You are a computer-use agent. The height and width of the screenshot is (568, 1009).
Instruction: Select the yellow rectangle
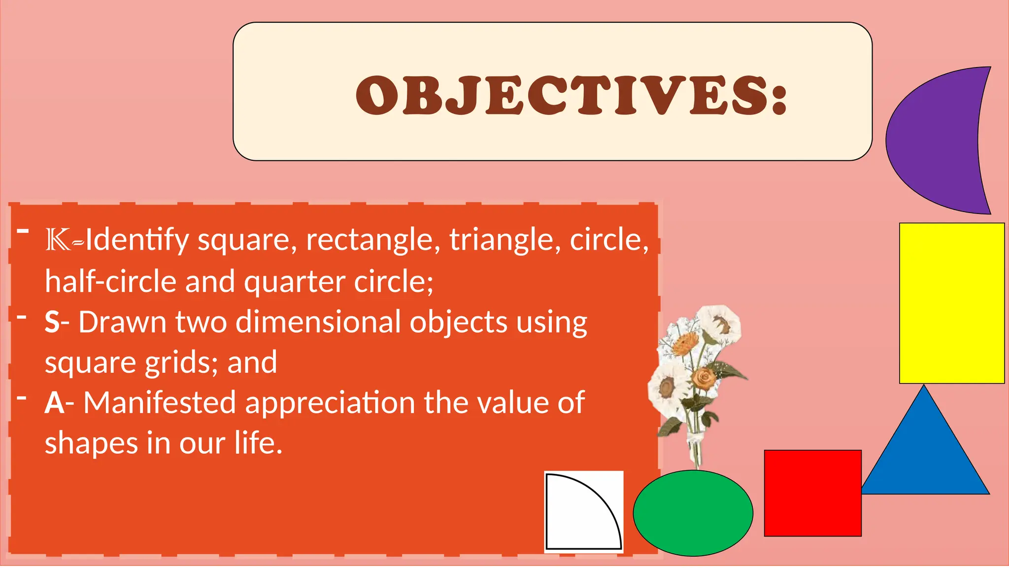(951, 303)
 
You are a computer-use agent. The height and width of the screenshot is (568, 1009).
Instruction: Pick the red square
(812, 493)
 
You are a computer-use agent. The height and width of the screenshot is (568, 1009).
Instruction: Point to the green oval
(693, 513)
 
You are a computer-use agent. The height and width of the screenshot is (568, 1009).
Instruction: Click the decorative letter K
(58, 240)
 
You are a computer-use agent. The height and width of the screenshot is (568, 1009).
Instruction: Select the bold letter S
(52, 322)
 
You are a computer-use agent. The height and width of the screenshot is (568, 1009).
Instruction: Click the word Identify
(137, 240)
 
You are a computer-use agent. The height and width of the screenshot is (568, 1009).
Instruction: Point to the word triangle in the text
(504, 240)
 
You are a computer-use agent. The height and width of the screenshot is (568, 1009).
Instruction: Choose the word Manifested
(159, 403)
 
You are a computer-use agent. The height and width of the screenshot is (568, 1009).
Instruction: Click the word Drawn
(122, 322)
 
